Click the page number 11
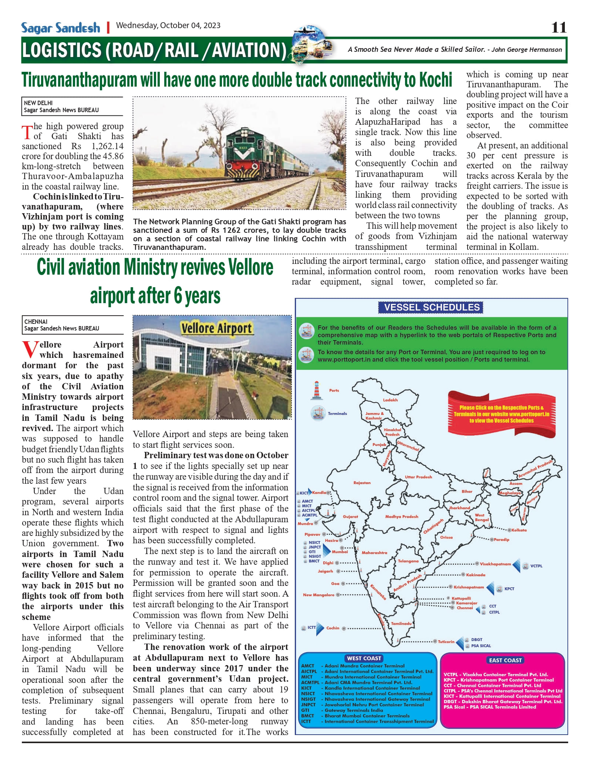pos(559,27)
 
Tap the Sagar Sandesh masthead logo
pos(61,28)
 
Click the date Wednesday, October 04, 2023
pos(168,26)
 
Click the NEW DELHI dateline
pos(38,103)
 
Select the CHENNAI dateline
pos(36,322)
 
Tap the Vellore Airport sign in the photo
pos(217,328)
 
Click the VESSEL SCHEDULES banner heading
pos(432,307)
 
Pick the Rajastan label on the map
pos(362,483)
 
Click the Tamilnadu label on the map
pos(401,623)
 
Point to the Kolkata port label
pos(519,530)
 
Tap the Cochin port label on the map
pos(333,628)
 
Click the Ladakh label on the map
pos(390,400)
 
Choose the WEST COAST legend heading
pos(364,658)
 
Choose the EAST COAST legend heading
pos(505,660)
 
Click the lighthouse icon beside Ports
pos(316,390)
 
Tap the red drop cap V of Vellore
pos(30,349)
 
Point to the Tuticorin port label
pos(446,641)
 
